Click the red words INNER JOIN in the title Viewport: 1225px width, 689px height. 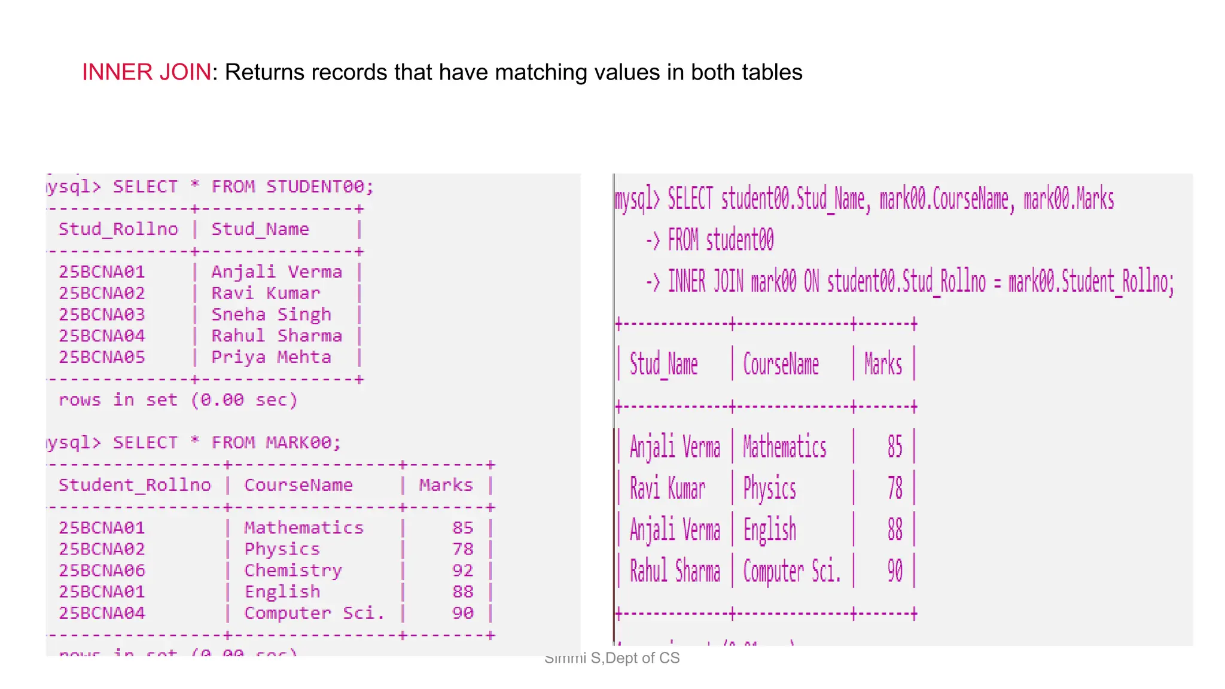pos(146,72)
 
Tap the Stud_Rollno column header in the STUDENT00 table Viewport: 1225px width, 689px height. pos(118,229)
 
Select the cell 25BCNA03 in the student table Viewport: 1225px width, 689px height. pos(102,315)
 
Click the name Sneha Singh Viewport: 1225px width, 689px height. pos(271,315)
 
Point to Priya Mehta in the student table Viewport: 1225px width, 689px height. pos(271,357)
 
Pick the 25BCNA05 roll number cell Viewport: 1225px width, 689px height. pos(102,357)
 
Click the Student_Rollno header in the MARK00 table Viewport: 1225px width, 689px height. pos(135,485)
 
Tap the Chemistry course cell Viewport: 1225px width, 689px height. pos(293,571)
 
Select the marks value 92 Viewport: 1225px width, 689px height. pos(463,571)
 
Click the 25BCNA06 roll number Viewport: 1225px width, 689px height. pos(102,571)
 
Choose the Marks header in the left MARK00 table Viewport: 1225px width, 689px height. pos(446,485)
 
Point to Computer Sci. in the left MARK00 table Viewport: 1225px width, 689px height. pos(314,613)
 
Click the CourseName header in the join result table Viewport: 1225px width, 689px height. pos(781,364)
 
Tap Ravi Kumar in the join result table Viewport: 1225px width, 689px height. pos(668,489)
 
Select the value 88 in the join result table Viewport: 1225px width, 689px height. pos(895,530)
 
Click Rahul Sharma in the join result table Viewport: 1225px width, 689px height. pos(675,571)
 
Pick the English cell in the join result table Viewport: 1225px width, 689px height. pos(770,530)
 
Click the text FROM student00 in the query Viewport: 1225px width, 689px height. pos(720,240)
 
